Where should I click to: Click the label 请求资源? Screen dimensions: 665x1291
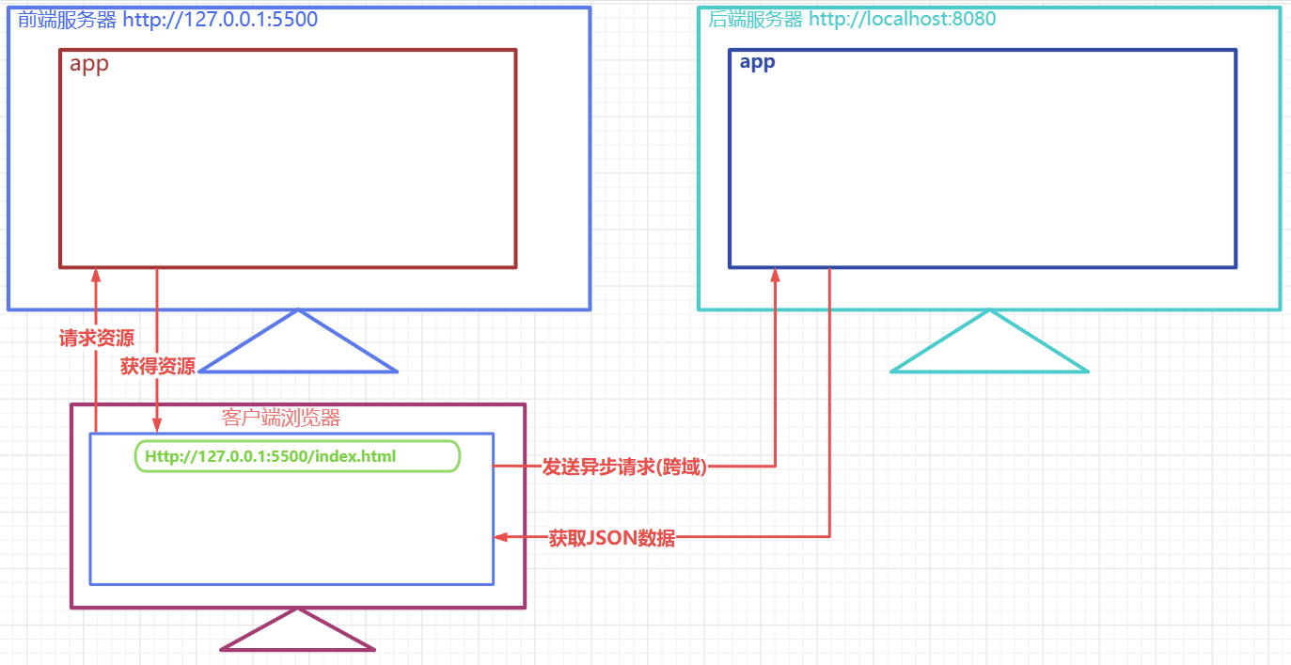tap(96, 339)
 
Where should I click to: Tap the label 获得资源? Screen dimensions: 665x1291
tap(158, 367)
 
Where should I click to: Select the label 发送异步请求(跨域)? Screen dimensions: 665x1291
tap(624, 467)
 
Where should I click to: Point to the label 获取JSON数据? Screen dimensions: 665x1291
tap(612, 538)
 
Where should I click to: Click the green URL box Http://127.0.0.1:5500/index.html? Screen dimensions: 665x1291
tap(297, 456)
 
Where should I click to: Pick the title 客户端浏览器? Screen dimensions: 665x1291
tap(280, 418)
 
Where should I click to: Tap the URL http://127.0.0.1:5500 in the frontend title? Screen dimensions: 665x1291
tap(220, 19)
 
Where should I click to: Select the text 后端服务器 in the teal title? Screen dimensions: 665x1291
tap(756, 19)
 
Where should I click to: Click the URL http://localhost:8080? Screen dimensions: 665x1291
tap(902, 19)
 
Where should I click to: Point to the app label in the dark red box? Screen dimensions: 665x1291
tap(89, 65)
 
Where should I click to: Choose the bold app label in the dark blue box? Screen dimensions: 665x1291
tap(757, 63)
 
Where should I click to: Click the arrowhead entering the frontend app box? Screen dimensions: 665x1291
tap(96, 275)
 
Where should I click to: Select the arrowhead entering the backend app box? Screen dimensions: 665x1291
tap(776, 275)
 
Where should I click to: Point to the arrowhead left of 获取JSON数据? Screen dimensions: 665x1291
tap(501, 537)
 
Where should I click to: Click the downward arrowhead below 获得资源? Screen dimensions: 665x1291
tap(156, 425)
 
